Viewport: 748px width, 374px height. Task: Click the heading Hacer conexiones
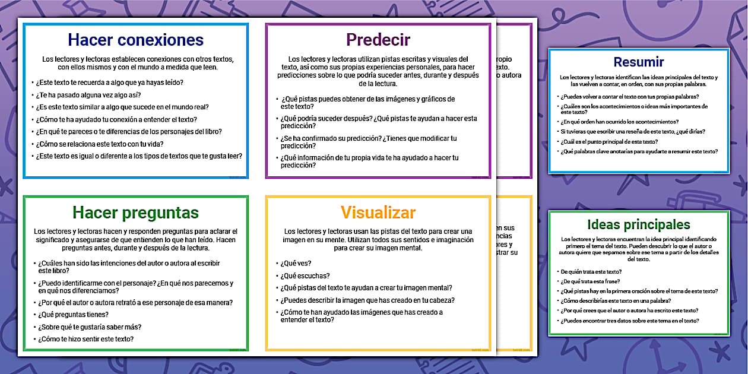[x=135, y=40]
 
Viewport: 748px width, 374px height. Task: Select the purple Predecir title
[x=378, y=40]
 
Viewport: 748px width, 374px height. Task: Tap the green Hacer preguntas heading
[x=135, y=213]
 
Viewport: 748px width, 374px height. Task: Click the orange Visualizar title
[x=378, y=213]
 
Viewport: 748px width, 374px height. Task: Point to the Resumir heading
[x=639, y=62]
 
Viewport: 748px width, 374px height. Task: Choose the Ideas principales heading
[x=638, y=224]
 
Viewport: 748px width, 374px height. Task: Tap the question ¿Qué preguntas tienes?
[x=73, y=315]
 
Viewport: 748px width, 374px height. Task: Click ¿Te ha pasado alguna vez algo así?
[x=88, y=95]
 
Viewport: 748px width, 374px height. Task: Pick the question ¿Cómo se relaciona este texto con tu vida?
[x=100, y=144]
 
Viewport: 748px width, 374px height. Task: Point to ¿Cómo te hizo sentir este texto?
[x=85, y=339]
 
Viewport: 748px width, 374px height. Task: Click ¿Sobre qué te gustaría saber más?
[x=90, y=327]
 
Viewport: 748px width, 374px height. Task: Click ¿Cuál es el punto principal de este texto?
[x=609, y=142]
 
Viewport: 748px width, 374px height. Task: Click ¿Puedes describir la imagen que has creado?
[x=367, y=300]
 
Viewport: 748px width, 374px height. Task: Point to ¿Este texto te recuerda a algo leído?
[x=109, y=82]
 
